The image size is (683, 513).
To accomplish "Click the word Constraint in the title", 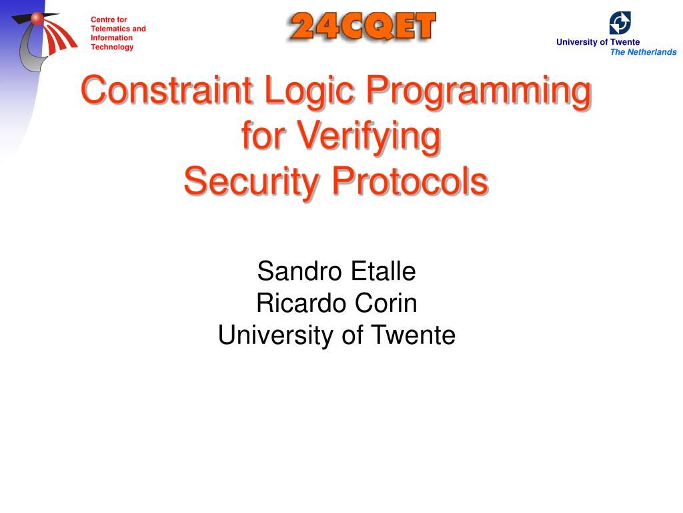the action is pyautogui.click(x=167, y=90).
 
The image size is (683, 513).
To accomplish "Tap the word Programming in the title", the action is pyautogui.click(x=478, y=92).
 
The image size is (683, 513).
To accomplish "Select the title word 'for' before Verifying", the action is pyautogui.click(x=263, y=135).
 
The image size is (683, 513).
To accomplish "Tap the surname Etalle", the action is pyautogui.click(x=384, y=271).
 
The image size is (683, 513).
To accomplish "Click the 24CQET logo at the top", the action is pyautogui.click(x=362, y=27).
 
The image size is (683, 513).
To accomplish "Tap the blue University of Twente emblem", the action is pyautogui.click(x=620, y=23).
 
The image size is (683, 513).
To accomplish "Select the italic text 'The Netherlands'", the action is pyautogui.click(x=644, y=52).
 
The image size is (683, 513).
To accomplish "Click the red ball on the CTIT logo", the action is pyautogui.click(x=37, y=18).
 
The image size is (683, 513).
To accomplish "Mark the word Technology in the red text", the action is pyautogui.click(x=112, y=47).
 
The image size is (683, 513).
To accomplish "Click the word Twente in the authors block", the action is pyautogui.click(x=413, y=335).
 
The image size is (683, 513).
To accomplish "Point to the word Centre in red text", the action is pyautogui.click(x=102, y=19).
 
